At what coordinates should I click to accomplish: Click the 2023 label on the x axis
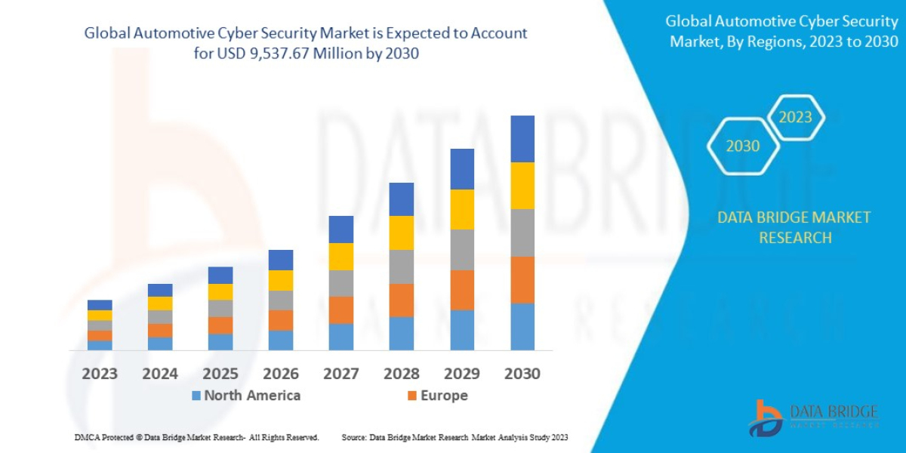pyautogui.click(x=100, y=373)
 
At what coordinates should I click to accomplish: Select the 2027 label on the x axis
pyautogui.click(x=341, y=373)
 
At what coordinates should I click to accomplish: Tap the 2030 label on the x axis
pyautogui.click(x=522, y=373)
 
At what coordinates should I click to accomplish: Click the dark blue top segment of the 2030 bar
pyautogui.click(x=522, y=139)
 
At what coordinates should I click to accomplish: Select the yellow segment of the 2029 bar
pyautogui.click(x=462, y=209)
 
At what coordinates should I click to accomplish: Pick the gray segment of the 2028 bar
pyautogui.click(x=402, y=267)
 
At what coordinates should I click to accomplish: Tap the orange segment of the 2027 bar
pyautogui.click(x=341, y=310)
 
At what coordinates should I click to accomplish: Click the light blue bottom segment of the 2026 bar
pyautogui.click(x=281, y=341)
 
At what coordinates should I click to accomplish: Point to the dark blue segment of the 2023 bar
pyautogui.click(x=100, y=305)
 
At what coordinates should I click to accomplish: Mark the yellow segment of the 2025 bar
pyautogui.click(x=220, y=291)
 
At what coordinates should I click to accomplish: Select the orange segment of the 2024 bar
pyautogui.click(x=160, y=330)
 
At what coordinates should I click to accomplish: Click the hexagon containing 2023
pyautogui.click(x=795, y=117)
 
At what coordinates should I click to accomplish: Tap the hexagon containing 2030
pyautogui.click(x=743, y=146)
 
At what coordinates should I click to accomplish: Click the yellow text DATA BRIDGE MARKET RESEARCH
pyautogui.click(x=794, y=227)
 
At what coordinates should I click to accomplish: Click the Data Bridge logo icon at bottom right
pyautogui.click(x=767, y=417)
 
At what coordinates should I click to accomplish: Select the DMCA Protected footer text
pyautogui.click(x=196, y=437)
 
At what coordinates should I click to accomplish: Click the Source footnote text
pyautogui.click(x=455, y=437)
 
